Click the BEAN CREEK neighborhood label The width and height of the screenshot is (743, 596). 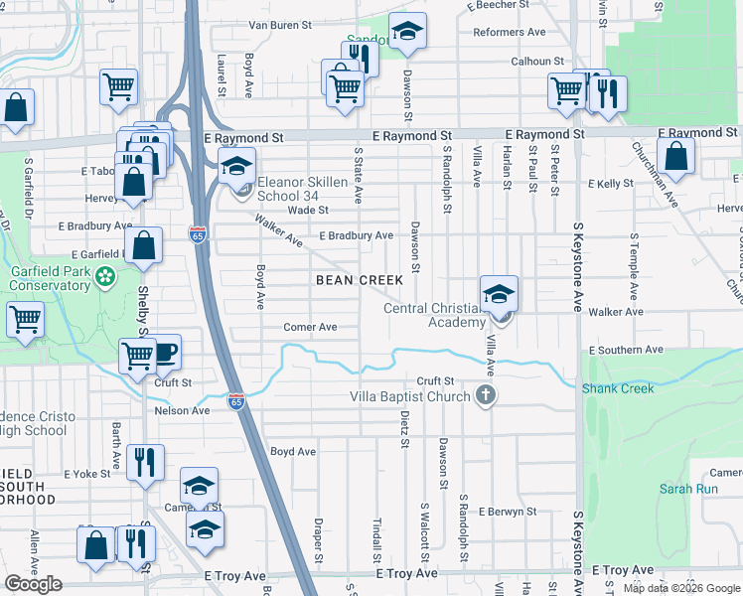(360, 280)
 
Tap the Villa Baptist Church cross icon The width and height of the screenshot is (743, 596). (486, 396)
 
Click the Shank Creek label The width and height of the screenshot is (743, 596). (618, 388)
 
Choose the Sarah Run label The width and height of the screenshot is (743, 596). (682, 489)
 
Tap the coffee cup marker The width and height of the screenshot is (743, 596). (164, 352)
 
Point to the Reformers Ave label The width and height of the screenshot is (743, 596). (510, 32)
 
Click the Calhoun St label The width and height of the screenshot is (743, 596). (537, 61)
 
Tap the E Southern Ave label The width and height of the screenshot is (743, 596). (625, 351)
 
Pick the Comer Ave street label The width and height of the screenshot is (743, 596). (310, 327)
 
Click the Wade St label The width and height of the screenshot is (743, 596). (308, 210)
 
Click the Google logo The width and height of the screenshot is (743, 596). (34, 584)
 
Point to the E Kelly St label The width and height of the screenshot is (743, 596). (610, 184)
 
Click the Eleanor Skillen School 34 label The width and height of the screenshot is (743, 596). (302, 189)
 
